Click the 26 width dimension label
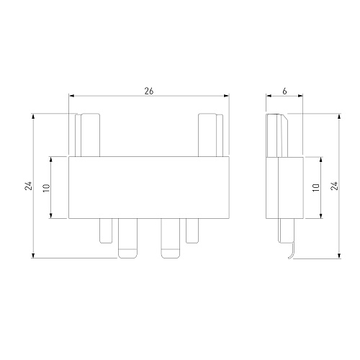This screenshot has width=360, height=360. (149, 91)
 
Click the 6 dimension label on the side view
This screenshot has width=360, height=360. (284, 91)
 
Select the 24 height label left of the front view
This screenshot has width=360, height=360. (28, 186)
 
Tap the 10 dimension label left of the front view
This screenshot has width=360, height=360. (46, 188)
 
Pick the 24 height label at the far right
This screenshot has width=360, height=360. (334, 186)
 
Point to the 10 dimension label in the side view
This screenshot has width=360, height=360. (316, 188)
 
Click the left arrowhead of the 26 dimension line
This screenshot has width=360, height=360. (71, 96)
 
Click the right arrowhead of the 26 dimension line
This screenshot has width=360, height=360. (226, 96)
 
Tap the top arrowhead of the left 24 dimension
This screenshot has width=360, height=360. (33, 116)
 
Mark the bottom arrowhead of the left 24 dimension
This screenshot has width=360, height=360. (33, 256)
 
